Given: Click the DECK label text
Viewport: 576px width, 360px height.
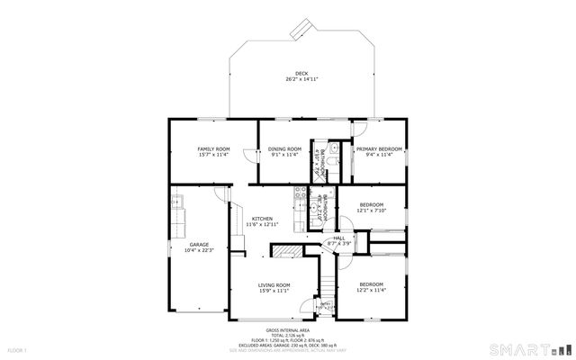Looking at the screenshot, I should pos(301,74).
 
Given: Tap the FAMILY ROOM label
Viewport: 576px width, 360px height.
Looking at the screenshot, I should pos(214,148).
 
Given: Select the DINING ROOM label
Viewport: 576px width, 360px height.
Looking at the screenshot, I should pos(284,148).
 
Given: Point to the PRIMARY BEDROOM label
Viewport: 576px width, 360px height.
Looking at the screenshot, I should pos(378,148).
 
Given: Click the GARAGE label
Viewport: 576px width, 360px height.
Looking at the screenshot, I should pos(198,245).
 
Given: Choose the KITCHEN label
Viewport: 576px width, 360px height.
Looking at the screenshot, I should pos(263,219).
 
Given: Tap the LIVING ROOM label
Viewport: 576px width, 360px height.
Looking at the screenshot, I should pos(275,284).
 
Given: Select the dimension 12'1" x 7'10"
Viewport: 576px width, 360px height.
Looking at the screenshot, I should pos(372,211).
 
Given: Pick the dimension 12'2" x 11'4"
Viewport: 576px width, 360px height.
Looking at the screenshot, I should pos(372,291).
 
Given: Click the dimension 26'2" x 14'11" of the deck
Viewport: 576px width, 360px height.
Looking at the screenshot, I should pos(301,80).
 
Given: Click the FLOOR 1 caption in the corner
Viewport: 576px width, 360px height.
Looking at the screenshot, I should pos(17,348).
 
